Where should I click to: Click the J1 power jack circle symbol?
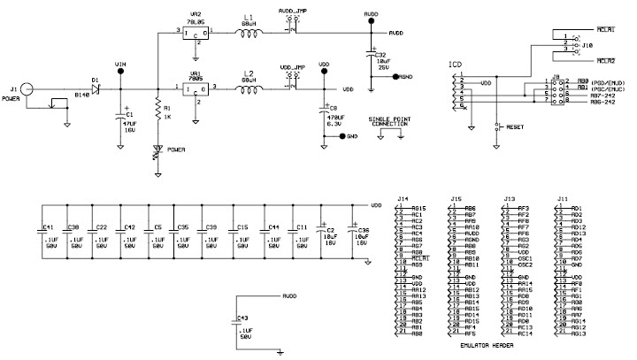click(x=27, y=88)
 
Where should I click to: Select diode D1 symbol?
click(x=96, y=88)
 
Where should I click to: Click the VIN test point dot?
click(x=121, y=73)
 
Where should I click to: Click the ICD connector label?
click(x=455, y=65)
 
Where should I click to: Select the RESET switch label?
click(x=517, y=126)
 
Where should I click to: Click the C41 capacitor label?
click(x=49, y=226)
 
